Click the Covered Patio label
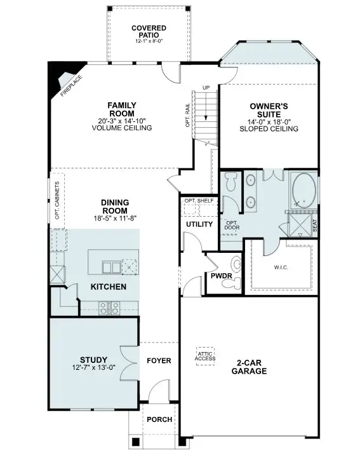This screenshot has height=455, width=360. point(149,32)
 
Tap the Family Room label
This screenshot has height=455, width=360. point(122,109)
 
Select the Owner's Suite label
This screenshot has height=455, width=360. point(269,109)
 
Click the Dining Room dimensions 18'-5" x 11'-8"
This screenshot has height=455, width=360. point(115,218)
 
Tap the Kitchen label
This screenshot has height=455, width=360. point(108,287)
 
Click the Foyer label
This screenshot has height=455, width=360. point(159,361)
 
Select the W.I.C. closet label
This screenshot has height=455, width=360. point(281,268)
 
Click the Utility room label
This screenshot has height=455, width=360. point(199,224)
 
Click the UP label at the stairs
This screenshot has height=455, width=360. point(206,88)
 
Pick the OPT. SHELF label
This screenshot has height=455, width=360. point(198,201)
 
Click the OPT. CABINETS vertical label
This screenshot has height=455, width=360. point(57,201)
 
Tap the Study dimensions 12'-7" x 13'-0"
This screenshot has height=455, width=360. point(93,368)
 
